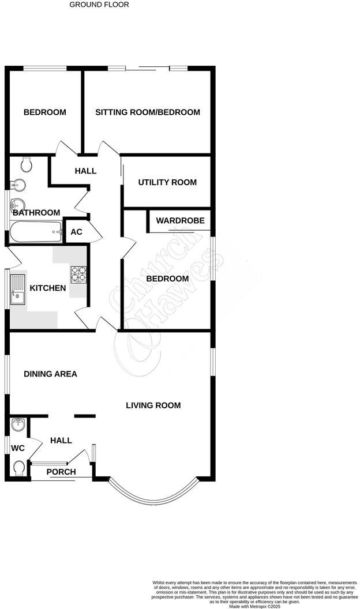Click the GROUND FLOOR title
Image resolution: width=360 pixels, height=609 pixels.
click(99, 5)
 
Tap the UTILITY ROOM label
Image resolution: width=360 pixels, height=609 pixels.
click(167, 182)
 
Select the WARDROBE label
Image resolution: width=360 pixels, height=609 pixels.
click(180, 220)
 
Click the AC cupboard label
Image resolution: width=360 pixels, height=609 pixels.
click(76, 232)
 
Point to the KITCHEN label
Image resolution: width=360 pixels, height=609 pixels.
click(48, 288)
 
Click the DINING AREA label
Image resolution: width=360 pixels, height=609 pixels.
click(50, 374)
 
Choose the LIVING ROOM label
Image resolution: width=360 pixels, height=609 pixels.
click(153, 405)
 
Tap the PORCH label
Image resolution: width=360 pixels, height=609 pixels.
click(61, 472)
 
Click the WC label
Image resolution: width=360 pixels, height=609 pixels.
click(18, 448)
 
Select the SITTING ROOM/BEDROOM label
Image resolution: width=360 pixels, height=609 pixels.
click(148, 112)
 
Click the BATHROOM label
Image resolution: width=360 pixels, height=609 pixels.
click(36, 212)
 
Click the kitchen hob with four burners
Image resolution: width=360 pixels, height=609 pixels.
click(78, 274)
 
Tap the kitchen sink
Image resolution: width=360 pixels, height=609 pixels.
click(17, 291)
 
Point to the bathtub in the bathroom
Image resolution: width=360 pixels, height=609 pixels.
click(35, 233)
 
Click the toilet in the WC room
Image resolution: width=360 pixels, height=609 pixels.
click(18, 467)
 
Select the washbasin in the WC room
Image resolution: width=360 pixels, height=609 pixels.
click(18, 426)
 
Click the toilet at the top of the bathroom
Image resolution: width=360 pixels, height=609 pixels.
click(25, 165)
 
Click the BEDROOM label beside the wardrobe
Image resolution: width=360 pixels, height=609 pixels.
click(167, 279)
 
